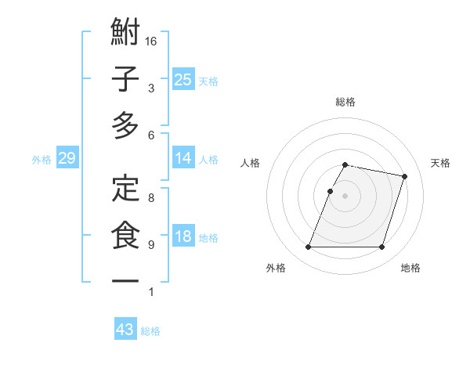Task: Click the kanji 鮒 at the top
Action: (125, 33)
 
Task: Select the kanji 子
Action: (125, 79)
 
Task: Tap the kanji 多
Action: (125, 125)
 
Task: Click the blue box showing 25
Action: (183, 79)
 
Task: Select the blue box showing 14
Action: (183, 159)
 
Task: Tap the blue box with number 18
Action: (183, 237)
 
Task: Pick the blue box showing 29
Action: (67, 159)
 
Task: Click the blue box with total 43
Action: (125, 330)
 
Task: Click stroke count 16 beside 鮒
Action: (151, 41)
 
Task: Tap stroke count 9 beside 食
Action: (151, 245)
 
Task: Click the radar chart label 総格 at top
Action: (345, 102)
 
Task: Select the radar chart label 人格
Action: (251, 163)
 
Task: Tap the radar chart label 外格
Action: (276, 268)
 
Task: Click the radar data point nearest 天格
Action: (404, 177)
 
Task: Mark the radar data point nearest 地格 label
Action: (382, 247)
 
